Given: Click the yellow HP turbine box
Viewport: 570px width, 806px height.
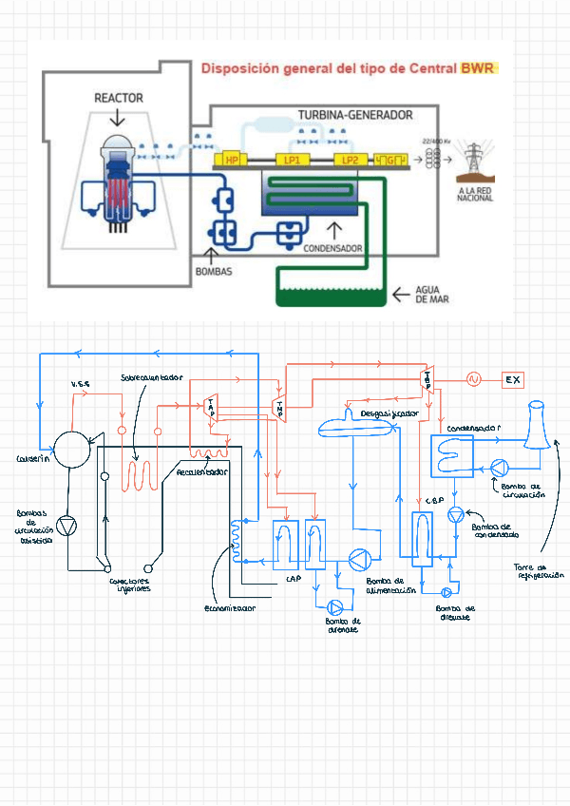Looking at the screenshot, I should tap(232, 161).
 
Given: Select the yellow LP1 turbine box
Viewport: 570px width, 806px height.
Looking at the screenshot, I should tap(292, 161).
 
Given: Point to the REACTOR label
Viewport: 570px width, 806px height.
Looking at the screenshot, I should tap(119, 98).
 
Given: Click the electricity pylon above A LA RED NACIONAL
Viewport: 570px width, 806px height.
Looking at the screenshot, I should tap(473, 161).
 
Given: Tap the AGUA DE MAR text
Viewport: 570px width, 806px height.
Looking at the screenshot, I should tap(431, 294).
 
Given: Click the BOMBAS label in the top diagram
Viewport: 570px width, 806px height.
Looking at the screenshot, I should tap(214, 271).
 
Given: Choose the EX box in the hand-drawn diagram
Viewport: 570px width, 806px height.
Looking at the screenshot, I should tap(513, 380).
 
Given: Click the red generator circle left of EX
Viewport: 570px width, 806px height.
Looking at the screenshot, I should tap(473, 379).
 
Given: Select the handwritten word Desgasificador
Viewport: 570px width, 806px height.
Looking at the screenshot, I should tap(389, 414).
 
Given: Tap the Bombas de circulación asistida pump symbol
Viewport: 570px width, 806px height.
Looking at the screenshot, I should tap(67, 524).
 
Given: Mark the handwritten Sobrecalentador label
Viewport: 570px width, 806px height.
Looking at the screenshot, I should tap(151, 376).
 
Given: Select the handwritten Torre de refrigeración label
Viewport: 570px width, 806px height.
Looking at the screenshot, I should tap(541, 571).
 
